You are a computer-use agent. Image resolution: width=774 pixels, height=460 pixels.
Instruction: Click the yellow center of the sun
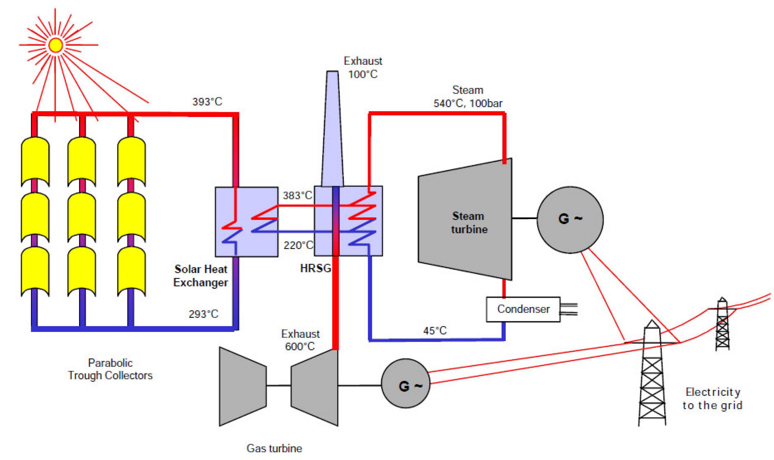coord(56,45)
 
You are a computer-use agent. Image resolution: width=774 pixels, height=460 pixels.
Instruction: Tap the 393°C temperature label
coord(207,102)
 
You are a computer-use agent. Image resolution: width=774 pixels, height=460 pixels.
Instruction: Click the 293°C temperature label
coord(203,314)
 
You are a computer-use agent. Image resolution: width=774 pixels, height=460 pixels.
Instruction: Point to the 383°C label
coord(297,195)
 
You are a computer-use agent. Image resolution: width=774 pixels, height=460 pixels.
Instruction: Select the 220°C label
coord(298,245)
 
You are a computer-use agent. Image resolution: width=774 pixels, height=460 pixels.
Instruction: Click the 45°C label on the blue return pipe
coord(435,331)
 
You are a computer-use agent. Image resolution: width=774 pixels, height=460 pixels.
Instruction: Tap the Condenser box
coord(523,309)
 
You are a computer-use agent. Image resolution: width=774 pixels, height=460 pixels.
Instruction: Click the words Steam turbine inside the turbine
coord(469,223)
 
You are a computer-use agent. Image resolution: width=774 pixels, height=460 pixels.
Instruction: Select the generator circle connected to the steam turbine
coord(570,219)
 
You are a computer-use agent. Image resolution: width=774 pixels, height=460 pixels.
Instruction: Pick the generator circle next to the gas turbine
coord(405,383)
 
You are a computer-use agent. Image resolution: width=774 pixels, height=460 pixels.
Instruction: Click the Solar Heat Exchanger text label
coord(201,276)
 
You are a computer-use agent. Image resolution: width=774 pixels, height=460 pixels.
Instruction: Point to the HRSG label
coord(315,268)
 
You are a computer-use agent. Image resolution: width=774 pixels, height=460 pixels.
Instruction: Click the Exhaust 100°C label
coord(363,68)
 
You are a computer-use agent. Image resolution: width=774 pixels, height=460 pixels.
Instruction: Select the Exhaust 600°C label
coord(300,340)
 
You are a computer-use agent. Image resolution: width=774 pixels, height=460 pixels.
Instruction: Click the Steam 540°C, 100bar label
coord(468,97)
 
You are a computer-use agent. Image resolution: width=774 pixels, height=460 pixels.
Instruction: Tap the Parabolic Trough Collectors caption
coord(110,369)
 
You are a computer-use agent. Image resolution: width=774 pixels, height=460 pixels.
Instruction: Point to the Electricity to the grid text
coord(712,399)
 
